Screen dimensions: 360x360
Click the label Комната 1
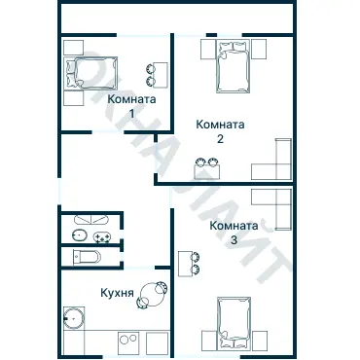131,105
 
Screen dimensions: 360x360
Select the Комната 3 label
234,233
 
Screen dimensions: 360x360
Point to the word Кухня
117,291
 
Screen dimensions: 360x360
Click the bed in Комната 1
89,72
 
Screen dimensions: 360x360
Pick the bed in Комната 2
234,68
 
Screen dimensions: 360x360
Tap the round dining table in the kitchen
153,291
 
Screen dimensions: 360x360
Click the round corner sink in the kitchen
73,318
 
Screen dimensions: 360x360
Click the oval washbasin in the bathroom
79,236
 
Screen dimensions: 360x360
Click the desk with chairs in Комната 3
188,263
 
